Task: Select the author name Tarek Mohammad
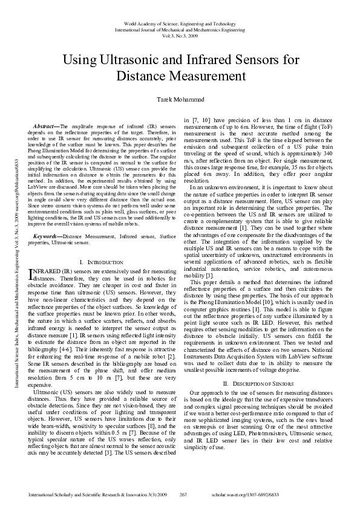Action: tap(180, 99)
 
